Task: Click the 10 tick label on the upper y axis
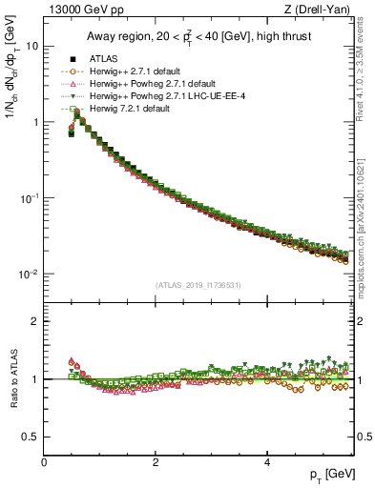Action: (x=31, y=47)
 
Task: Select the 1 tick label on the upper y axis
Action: (x=35, y=122)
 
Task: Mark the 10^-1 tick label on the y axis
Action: (x=30, y=197)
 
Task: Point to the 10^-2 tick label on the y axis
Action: (x=30, y=274)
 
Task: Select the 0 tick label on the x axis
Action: (x=44, y=460)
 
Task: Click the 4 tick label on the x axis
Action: (x=267, y=460)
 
